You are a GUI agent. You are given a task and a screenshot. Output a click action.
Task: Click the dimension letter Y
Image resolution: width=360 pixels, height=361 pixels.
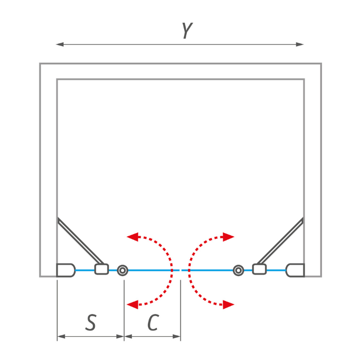[x=187, y=31]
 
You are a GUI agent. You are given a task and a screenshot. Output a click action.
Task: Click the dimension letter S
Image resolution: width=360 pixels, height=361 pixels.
[x=91, y=322]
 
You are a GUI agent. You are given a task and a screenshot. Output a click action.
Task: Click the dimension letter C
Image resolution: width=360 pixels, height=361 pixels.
[x=153, y=322]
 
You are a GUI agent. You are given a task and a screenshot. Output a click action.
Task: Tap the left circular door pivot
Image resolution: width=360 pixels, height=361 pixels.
[x=123, y=270]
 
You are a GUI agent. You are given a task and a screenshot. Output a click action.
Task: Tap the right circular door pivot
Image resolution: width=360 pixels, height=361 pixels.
[x=238, y=270]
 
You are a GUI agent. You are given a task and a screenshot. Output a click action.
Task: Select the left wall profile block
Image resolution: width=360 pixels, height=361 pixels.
[x=66, y=270]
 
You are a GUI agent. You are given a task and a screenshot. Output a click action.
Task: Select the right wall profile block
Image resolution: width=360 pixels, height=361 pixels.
[x=295, y=270]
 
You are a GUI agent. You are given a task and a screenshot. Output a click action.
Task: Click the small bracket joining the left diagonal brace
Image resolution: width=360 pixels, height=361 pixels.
[x=101, y=269]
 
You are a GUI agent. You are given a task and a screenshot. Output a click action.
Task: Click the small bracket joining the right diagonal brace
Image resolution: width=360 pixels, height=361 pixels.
[x=260, y=269]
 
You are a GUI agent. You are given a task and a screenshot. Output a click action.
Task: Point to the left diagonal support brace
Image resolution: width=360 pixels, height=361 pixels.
[x=81, y=241]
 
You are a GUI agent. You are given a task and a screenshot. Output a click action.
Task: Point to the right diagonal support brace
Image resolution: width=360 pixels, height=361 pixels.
[x=280, y=241]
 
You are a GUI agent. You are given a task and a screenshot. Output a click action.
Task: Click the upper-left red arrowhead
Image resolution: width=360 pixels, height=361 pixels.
[x=132, y=237]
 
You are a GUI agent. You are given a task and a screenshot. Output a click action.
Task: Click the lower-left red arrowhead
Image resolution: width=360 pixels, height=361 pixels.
[x=132, y=305]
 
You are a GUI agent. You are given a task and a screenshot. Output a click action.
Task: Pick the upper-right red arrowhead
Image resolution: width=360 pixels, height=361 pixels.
[x=229, y=237]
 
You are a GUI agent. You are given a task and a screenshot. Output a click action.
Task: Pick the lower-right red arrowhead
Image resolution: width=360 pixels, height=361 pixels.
[x=229, y=305]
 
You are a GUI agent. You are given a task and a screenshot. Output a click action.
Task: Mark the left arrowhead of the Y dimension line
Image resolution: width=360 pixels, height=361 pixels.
[x=60, y=44]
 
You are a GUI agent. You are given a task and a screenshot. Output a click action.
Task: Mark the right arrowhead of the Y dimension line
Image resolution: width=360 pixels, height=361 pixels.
[x=300, y=44]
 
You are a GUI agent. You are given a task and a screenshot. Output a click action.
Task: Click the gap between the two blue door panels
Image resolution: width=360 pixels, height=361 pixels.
[x=181, y=270]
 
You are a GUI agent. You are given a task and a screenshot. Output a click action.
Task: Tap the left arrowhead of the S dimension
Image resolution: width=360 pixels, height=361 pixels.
[x=61, y=337]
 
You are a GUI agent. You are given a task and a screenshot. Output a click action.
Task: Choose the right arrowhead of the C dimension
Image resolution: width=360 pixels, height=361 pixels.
[x=176, y=337]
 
